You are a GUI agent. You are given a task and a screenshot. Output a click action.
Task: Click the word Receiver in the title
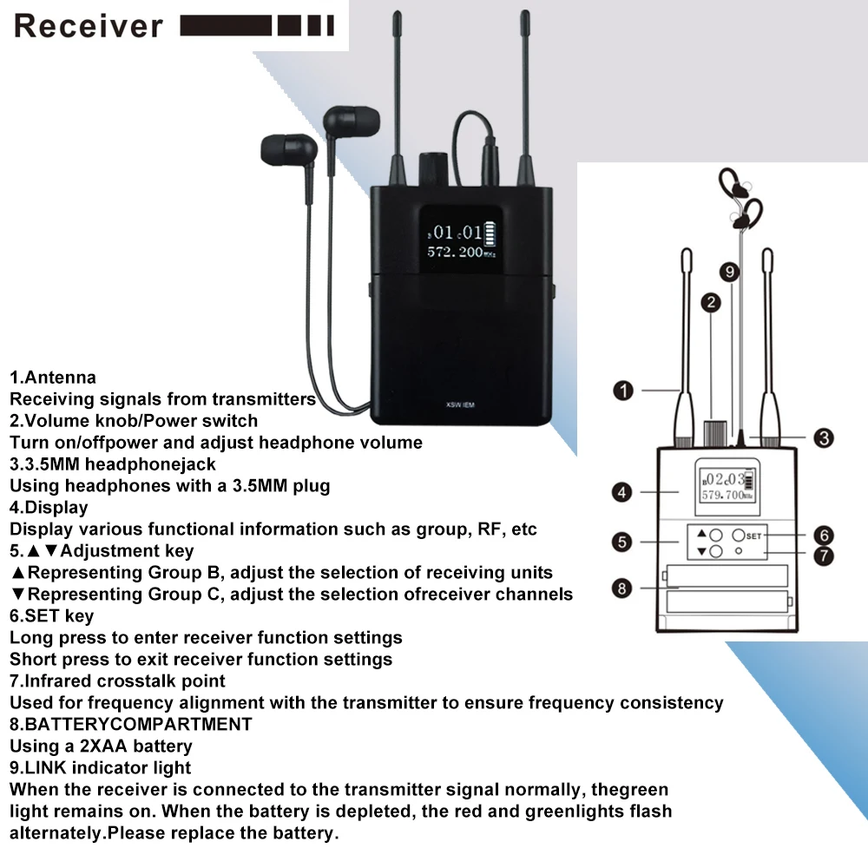point(88,25)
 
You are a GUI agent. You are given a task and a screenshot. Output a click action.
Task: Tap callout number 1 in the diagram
point(622,391)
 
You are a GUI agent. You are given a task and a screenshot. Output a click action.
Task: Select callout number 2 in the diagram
point(711,302)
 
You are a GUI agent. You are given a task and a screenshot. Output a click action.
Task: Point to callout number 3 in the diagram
point(824,437)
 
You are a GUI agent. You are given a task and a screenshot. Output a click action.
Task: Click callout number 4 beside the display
point(621,492)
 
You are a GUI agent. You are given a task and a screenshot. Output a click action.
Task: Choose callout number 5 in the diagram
point(621,542)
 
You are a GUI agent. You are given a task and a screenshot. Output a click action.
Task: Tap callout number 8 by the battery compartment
point(621,589)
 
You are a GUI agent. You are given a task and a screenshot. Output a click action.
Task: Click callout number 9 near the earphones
point(731,272)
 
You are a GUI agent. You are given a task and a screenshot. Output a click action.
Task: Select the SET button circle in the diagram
point(738,536)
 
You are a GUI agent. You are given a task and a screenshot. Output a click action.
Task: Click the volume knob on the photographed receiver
point(431,168)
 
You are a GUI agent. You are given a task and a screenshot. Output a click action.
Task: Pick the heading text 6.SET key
point(52,615)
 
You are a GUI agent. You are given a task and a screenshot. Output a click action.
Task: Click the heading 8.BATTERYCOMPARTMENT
point(131,723)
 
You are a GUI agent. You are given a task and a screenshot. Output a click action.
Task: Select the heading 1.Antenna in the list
point(53,378)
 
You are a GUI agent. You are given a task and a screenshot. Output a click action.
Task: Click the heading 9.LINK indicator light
point(101,766)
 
